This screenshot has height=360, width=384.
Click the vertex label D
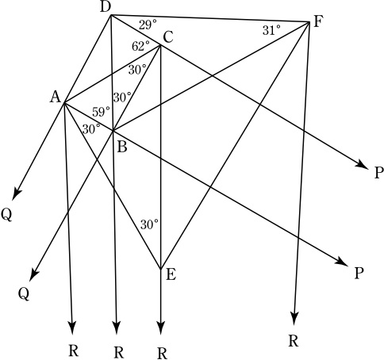[106, 7]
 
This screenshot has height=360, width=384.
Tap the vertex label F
[319, 21]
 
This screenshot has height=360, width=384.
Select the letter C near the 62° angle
[168, 37]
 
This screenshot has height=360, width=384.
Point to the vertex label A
[56, 97]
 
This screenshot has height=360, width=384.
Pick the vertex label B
[122, 147]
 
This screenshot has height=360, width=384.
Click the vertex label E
[171, 274]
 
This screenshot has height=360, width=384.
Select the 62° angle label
[140, 46]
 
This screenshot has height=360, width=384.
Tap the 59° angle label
[101, 112]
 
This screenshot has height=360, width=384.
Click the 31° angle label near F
[271, 30]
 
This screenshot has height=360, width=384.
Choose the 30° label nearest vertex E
[149, 224]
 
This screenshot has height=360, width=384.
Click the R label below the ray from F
[293, 341]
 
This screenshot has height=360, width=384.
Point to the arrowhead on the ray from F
[294, 317]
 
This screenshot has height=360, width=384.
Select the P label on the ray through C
[378, 173]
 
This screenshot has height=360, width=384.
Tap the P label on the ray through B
[358, 274]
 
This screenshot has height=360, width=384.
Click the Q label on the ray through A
[6, 215]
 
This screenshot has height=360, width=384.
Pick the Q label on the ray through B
[24, 293]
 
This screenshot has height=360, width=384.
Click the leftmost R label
[74, 351]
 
